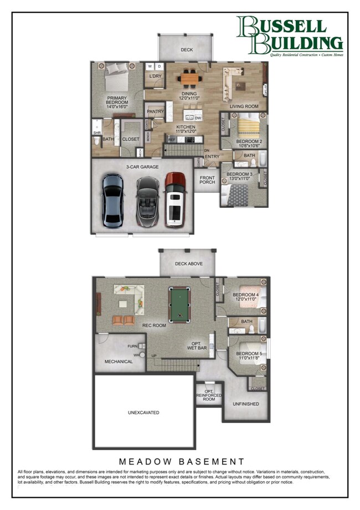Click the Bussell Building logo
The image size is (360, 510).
click(x=289, y=36)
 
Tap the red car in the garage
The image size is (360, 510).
click(x=176, y=200)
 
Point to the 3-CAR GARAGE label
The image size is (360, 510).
click(x=142, y=166)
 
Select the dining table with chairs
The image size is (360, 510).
click(x=189, y=79)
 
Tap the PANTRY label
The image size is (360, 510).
click(x=156, y=111)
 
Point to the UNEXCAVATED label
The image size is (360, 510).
click(x=143, y=412)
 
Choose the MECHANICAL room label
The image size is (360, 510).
click(x=119, y=361)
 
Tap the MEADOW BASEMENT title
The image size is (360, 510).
click(x=182, y=461)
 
